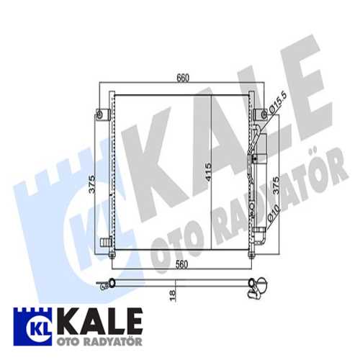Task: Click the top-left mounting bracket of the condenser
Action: pos(105,114)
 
